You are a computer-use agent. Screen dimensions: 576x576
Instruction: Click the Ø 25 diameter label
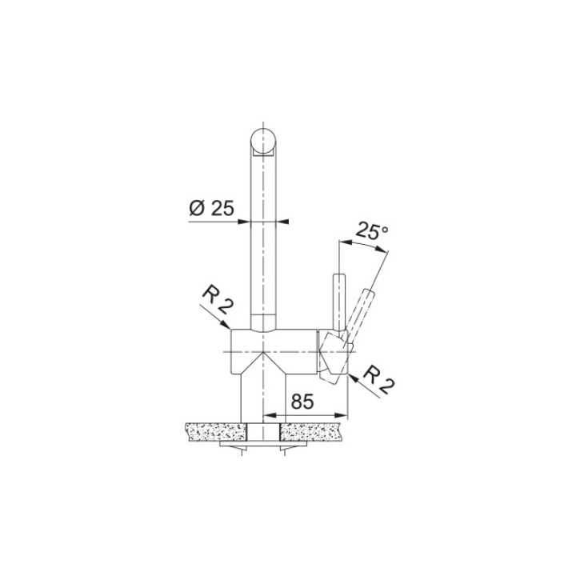211,209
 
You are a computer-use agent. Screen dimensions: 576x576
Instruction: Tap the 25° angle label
372,230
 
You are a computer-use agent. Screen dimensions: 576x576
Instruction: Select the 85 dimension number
302,402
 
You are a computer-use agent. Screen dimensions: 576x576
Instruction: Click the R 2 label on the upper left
217,302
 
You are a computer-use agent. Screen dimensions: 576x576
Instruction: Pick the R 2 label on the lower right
378,380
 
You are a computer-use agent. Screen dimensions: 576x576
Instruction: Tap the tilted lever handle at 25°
360,316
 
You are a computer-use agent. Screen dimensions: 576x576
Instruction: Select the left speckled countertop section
216,432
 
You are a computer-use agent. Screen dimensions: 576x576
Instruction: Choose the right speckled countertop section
312,432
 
